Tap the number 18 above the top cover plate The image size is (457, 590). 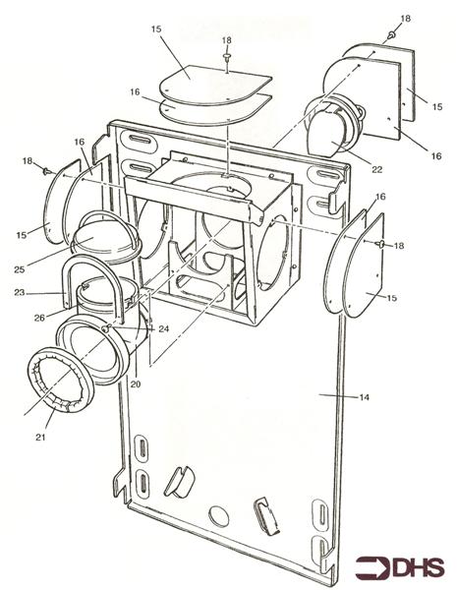point(227,40)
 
